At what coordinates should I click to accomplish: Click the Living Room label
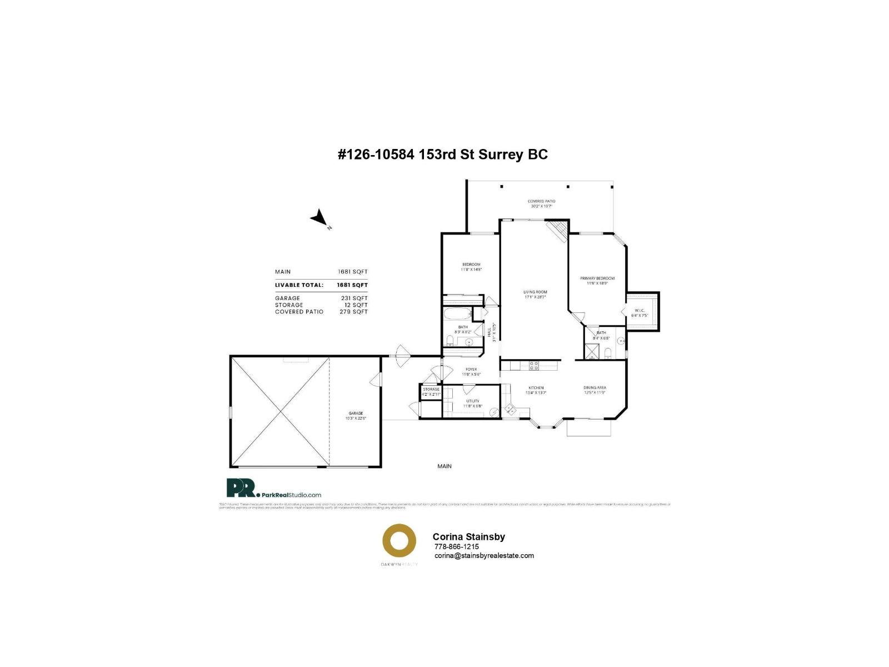[535, 292]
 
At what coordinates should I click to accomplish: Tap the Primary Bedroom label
[597, 278]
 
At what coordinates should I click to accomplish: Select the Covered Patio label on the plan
[541, 201]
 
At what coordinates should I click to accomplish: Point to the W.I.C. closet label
[640, 311]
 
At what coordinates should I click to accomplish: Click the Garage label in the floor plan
[356, 414]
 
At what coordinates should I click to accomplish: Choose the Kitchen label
[536, 388]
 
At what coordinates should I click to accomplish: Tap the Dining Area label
[595, 388]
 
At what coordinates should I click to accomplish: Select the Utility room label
[473, 401]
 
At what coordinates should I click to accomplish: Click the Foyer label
[471, 370]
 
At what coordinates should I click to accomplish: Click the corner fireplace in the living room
[557, 230]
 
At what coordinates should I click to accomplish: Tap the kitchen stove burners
[533, 365]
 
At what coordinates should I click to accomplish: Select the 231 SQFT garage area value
[354, 298]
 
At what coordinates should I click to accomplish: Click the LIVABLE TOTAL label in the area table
[299, 285]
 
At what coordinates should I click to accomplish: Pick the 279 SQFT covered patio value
[353, 312]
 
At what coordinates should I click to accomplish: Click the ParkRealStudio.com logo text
[291, 495]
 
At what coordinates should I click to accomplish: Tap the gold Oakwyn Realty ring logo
[399, 540]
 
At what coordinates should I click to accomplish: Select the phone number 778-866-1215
[456, 546]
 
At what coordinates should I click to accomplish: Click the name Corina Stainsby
[468, 537]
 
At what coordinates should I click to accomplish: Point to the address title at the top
[442, 155]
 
